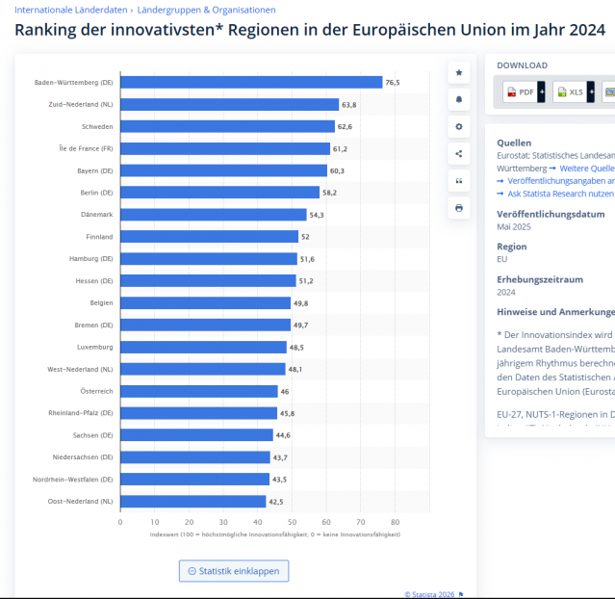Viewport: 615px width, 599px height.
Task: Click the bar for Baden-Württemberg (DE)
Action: point(250,83)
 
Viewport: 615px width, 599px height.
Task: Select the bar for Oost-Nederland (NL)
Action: point(192,501)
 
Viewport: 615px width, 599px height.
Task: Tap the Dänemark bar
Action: point(213,214)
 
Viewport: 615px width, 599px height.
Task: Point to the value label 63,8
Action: point(348,104)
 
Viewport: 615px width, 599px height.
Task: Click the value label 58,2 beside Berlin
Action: point(329,193)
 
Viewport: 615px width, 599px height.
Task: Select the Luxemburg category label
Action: point(94,347)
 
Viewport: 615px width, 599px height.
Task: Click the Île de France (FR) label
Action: point(86,148)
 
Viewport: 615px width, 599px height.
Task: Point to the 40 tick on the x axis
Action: point(257,522)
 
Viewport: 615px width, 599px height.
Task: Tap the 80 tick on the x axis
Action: point(396,522)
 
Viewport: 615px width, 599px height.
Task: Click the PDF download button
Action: point(520,91)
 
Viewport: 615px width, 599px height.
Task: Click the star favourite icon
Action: point(459,72)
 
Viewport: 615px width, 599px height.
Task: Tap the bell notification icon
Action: point(459,99)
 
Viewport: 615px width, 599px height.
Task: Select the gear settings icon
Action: point(459,126)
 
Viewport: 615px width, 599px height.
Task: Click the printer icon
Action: point(459,207)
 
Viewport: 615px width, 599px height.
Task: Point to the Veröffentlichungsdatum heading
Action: point(551,214)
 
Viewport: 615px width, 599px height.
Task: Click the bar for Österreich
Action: point(198,391)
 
